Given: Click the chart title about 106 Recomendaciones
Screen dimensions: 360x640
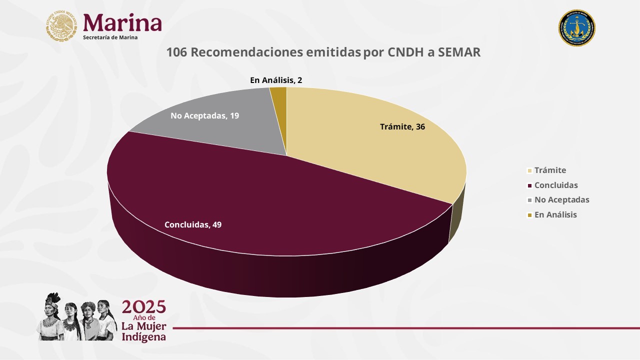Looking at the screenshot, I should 323,52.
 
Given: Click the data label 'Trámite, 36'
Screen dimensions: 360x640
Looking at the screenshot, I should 402,127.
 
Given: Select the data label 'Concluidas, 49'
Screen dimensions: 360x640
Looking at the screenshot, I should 193,225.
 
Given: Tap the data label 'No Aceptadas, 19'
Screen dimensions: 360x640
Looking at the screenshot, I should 204,116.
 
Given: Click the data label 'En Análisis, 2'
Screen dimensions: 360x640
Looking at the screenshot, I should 276,80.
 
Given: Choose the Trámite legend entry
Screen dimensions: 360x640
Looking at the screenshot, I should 549,170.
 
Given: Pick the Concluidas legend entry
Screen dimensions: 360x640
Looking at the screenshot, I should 555,185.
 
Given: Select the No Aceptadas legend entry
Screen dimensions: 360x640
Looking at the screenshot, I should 561,199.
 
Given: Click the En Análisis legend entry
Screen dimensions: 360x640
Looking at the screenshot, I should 555,214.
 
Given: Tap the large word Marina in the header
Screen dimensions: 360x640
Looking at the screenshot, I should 122,22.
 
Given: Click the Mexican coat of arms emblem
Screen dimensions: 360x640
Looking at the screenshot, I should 62,26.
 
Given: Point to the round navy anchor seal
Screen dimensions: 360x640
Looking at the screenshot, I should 576,28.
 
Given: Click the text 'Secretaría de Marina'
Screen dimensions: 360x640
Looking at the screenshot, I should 110,37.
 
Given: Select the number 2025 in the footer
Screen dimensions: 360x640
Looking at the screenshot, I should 144,306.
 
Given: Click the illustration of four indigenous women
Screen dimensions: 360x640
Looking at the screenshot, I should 77,317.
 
